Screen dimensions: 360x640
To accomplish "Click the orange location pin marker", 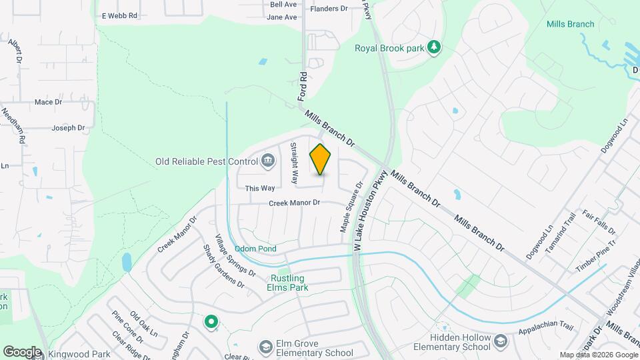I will [321, 159].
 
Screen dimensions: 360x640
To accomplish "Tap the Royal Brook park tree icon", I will [435, 47].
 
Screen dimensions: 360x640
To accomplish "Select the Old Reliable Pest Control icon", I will [268, 160].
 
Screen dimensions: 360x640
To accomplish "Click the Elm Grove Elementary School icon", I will [266, 347].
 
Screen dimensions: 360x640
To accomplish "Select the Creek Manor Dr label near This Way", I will [295, 203].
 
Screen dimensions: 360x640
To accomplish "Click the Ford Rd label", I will [303, 87].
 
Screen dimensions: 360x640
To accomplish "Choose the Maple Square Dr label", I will [351, 207].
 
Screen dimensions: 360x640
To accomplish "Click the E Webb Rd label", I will [119, 15].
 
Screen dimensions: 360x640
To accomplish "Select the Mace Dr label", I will [48, 102].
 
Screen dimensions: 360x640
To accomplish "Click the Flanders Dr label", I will [329, 9].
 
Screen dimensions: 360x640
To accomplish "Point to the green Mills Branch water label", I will [570, 24].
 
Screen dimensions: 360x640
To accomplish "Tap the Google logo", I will [22, 352].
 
